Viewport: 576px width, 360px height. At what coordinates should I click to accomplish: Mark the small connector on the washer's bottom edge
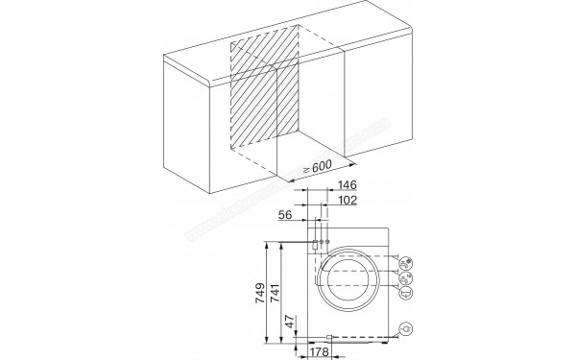tap(329, 338)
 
